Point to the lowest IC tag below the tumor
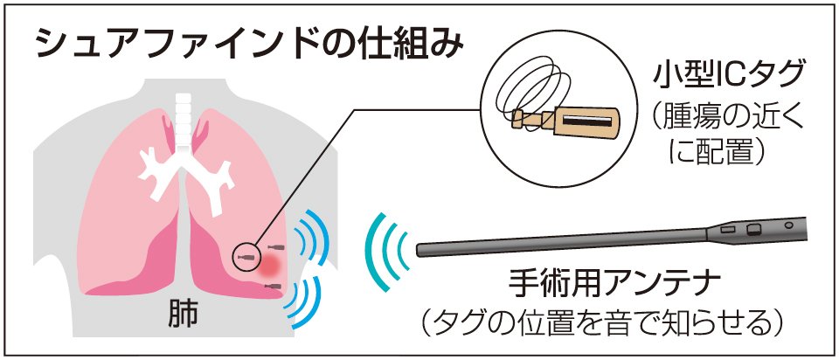[273, 287]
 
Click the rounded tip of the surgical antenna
[421, 249]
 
